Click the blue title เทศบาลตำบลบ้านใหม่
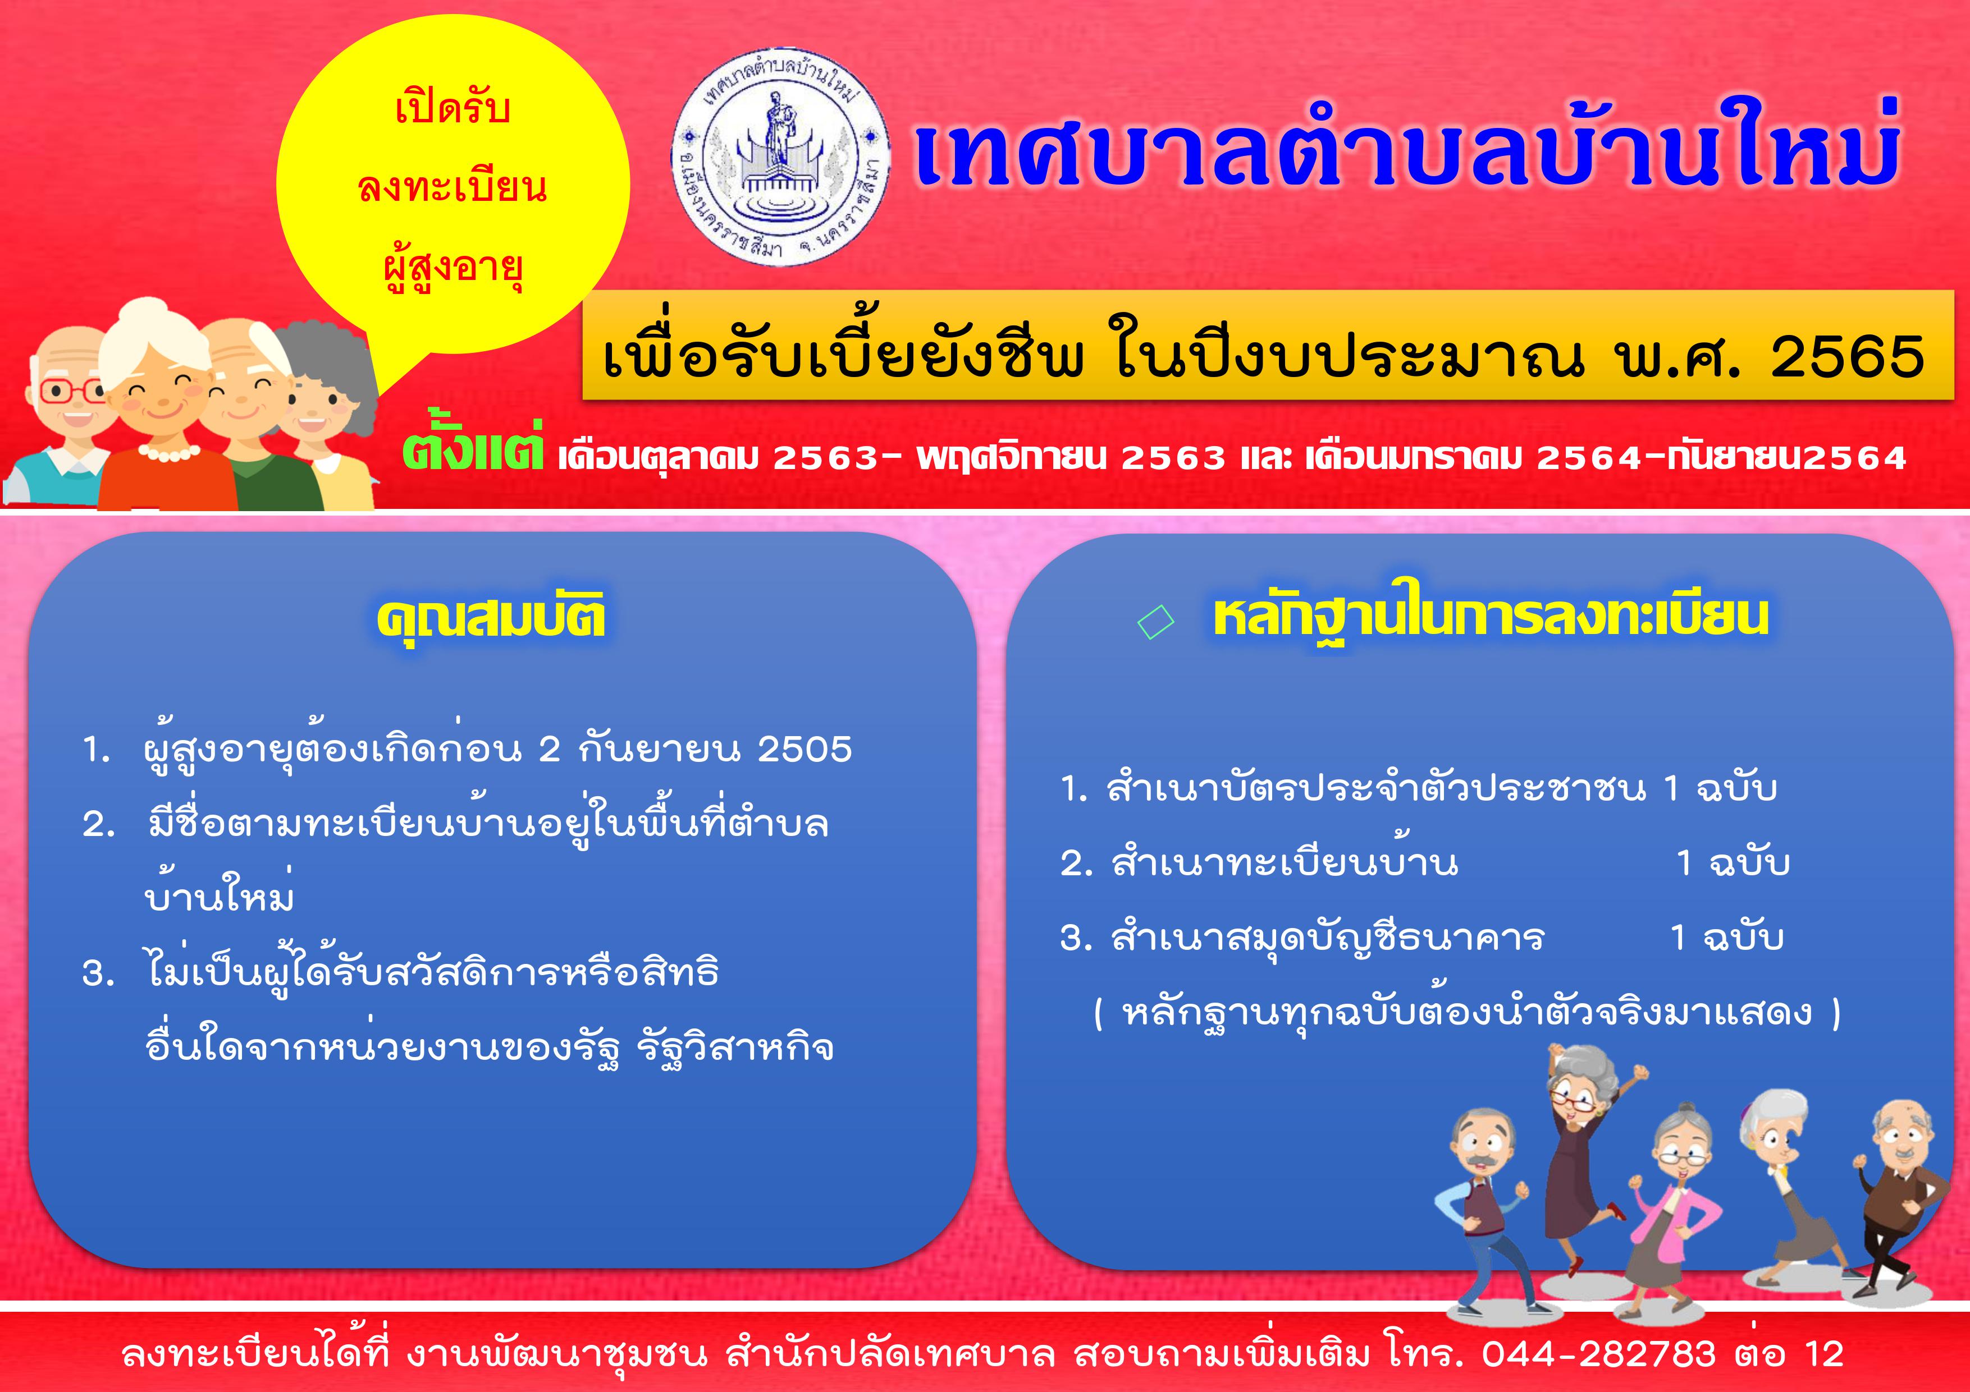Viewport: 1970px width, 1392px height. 1407,154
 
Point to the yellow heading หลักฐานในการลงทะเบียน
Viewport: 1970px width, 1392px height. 1491,618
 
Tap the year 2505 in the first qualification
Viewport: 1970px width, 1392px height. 805,750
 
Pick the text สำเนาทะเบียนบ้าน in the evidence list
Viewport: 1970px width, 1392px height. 1285,863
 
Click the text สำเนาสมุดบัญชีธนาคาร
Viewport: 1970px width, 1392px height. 1327,938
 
